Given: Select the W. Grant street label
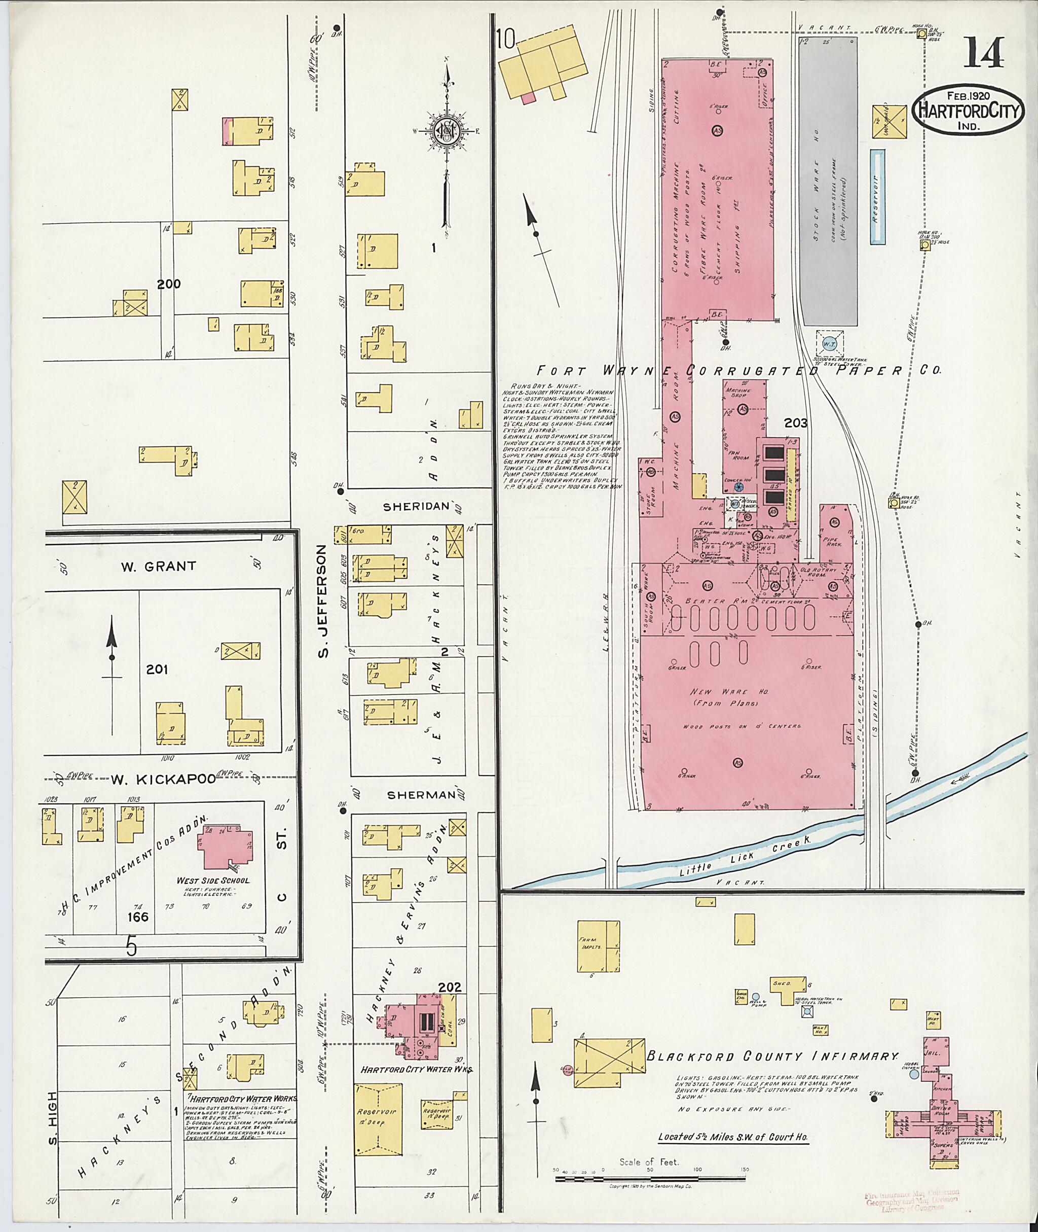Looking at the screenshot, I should point(158,567).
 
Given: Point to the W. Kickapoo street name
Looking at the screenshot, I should point(164,779).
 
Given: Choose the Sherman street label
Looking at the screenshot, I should point(420,794).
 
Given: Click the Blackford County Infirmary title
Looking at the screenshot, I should point(772,1057).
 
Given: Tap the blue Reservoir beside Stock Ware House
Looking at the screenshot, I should point(877,197).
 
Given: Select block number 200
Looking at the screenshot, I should point(168,284).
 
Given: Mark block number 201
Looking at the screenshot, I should point(157,669).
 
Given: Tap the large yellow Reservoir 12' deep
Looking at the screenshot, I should point(379,1119).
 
